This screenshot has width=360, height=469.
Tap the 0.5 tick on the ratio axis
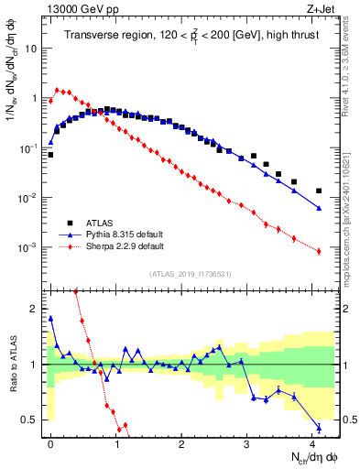(32, 420)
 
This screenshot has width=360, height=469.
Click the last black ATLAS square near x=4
(319, 191)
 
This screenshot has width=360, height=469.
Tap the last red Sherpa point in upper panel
(319, 251)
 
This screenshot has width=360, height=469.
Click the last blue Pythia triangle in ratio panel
(319, 427)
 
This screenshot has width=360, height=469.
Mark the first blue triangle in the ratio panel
(50, 319)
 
